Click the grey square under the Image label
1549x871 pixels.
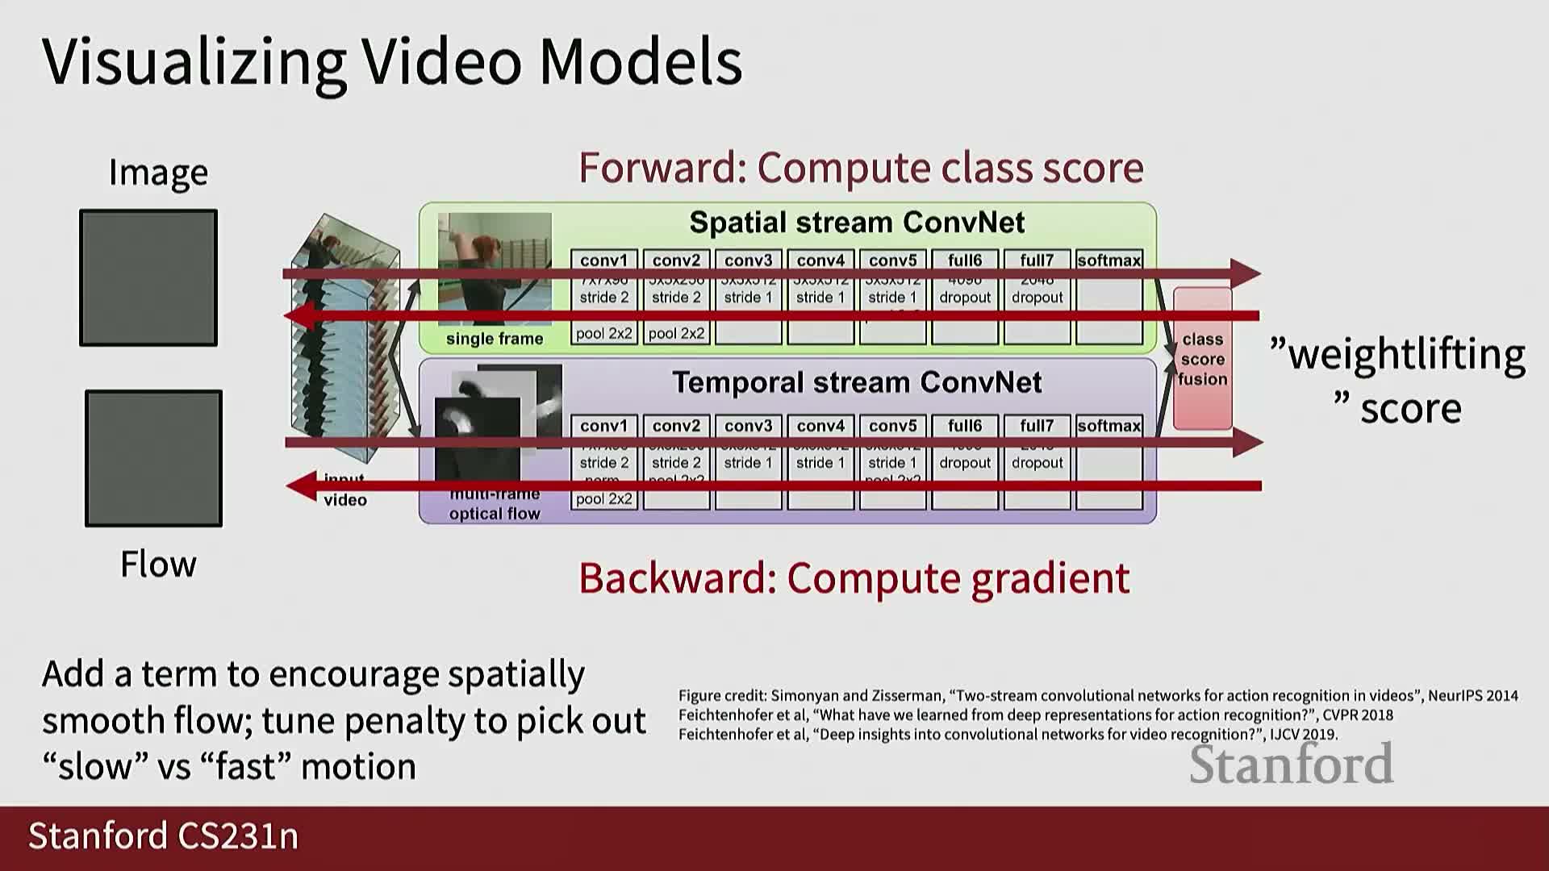coord(148,277)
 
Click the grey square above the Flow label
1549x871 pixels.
coord(153,458)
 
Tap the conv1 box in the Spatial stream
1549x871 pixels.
coord(603,297)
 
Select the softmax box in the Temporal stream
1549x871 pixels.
coord(1109,463)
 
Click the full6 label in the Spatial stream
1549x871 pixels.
coord(965,260)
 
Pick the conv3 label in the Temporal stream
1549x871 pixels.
coord(748,426)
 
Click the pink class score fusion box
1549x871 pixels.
coord(1202,359)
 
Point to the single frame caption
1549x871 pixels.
coord(495,339)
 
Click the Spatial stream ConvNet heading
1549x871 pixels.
coord(857,222)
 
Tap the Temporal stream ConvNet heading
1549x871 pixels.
coord(857,381)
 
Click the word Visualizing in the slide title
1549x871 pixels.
coord(194,62)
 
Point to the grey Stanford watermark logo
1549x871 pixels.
coord(1291,764)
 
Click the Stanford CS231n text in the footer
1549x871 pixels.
coord(163,836)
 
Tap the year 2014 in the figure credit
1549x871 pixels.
coord(1501,695)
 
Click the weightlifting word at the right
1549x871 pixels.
coord(1406,355)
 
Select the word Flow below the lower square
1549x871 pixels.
coord(158,564)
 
